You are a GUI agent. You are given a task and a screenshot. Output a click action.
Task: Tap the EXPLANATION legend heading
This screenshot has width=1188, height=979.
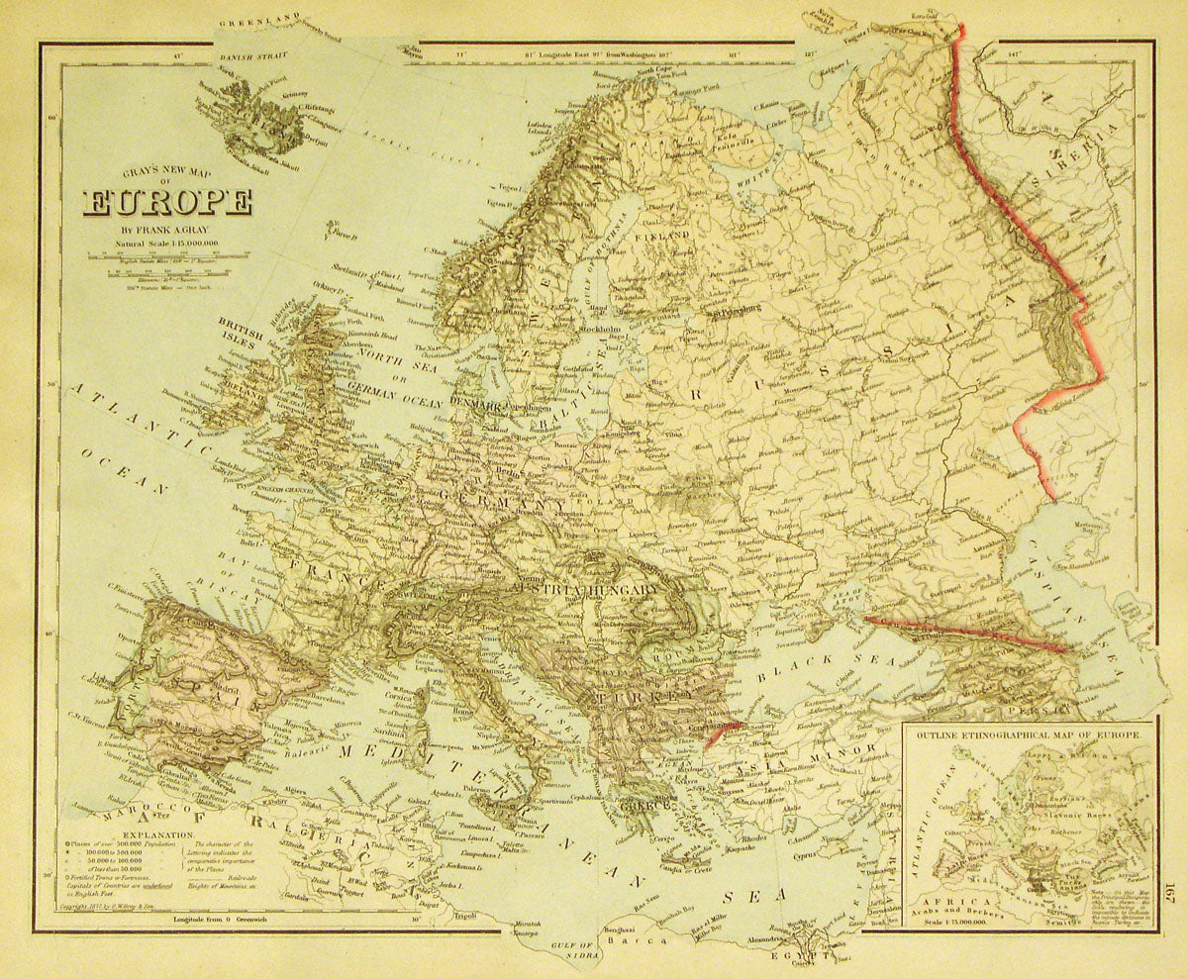point(97,834)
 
